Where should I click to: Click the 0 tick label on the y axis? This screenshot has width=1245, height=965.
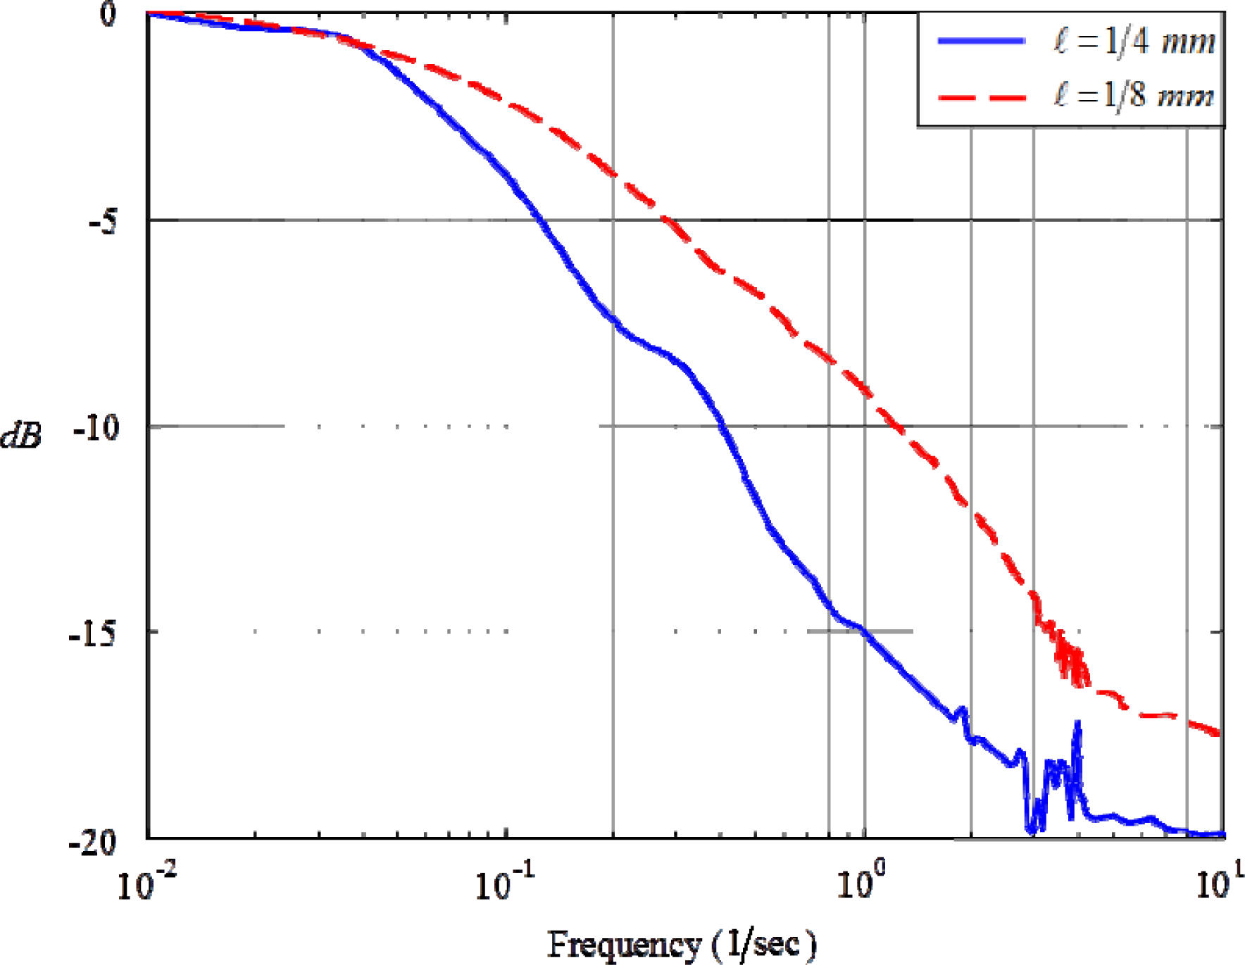coord(107,14)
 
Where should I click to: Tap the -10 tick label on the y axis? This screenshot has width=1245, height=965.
coord(96,427)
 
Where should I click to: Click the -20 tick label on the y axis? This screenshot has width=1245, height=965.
coord(93,841)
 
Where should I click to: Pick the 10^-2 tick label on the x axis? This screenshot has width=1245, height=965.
coord(146,883)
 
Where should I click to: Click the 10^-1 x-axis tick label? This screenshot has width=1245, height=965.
coord(504,883)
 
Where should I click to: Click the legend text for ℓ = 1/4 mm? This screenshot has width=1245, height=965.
coord(1134,41)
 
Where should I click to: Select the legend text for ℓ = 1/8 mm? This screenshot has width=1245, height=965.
coord(1134,95)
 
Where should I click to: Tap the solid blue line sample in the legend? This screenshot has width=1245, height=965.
coord(981,41)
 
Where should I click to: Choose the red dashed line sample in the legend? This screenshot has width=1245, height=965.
coord(981,96)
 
